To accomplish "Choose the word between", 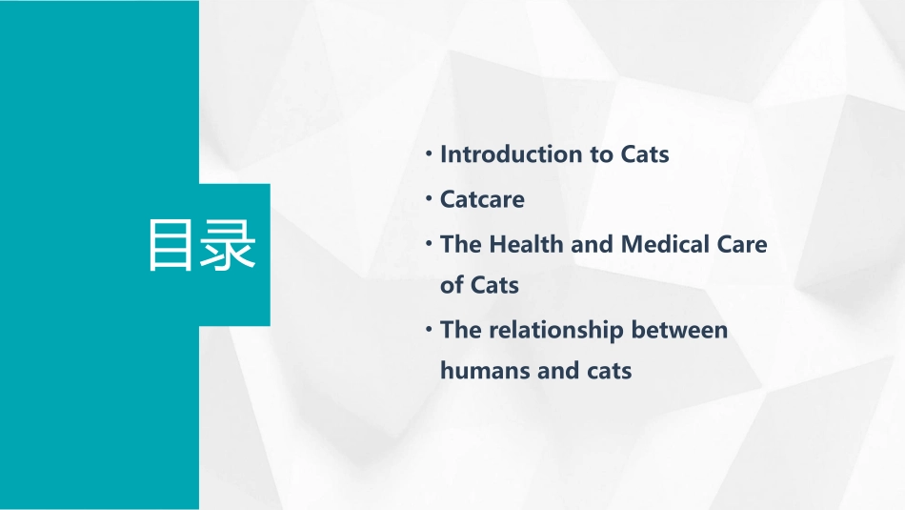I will [680, 331].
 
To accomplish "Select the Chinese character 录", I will [229, 247].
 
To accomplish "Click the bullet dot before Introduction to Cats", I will [430, 153].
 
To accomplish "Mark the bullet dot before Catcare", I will [430, 198].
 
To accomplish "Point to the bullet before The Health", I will [430, 242].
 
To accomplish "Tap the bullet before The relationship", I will [430, 329].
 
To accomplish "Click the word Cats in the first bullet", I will [645, 154].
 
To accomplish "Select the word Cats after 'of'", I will [494, 285].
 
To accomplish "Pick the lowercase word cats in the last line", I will [604, 371].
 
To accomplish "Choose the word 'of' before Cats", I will [452, 285].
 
